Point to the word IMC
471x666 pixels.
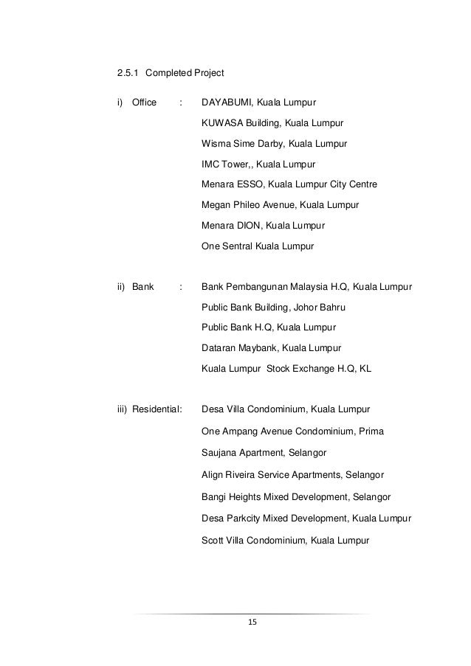pos(211,164)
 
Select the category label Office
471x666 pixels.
pos(144,102)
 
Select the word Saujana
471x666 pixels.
pos(219,451)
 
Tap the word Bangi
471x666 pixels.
pos(214,497)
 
